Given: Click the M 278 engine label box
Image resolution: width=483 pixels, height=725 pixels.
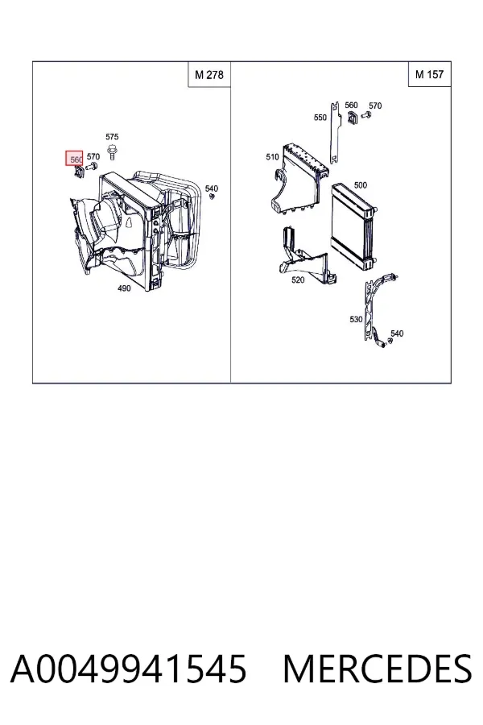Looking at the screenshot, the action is (209, 74).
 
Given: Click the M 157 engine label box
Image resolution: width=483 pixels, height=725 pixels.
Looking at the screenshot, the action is (429, 74).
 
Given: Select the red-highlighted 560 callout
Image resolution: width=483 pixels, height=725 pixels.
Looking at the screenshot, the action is (74, 159).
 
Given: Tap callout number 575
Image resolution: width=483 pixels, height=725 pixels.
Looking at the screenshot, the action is (112, 137).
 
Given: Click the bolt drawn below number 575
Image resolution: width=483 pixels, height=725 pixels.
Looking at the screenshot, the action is (111, 152).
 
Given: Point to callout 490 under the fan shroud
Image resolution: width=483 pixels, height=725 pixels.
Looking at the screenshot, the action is (124, 288).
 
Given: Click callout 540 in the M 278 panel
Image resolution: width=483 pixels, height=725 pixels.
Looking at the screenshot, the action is (211, 188).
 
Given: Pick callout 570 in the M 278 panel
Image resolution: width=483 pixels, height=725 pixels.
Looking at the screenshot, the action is (93, 157).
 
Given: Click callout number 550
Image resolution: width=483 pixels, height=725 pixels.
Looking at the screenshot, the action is (320, 118).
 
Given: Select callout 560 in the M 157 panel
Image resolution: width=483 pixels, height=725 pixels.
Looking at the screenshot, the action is (351, 106).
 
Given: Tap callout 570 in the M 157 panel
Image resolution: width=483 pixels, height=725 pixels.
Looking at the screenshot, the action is (375, 106).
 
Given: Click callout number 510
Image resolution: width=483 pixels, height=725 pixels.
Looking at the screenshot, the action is (273, 157).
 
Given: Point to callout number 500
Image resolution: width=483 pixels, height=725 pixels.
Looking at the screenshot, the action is (361, 185).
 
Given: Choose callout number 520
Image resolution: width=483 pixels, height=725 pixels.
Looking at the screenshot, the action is (298, 280).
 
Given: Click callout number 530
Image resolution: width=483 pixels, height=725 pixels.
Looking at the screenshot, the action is (356, 320).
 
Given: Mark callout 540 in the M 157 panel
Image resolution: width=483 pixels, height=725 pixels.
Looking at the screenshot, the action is (397, 333).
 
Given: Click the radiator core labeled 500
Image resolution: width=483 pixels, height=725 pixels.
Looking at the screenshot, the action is (352, 226).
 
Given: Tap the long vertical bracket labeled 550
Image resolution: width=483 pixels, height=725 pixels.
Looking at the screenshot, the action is (335, 133).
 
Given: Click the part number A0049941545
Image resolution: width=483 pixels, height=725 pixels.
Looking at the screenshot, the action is (128, 669).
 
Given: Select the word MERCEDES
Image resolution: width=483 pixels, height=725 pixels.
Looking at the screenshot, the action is (378, 669).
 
